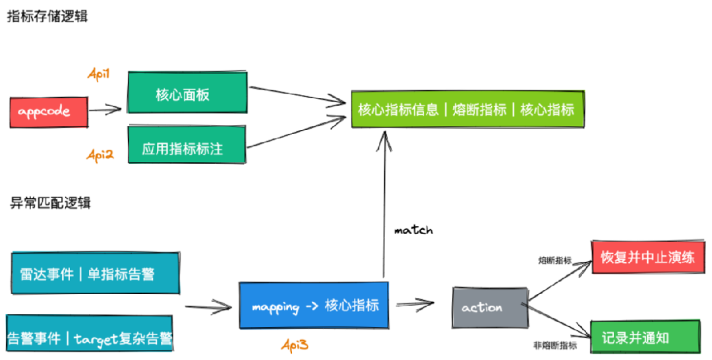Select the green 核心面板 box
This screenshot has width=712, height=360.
187,94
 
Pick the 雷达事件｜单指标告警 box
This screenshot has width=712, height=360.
95,273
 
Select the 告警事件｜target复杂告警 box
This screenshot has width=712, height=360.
89,338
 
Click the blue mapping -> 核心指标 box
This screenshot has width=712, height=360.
314,306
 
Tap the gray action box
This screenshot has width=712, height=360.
490,307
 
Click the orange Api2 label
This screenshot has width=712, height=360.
100,155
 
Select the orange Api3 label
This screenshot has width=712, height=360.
295,344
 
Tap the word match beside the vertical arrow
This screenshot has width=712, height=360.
413,230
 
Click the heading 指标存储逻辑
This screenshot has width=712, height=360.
47,16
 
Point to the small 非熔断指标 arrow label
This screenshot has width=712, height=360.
555,345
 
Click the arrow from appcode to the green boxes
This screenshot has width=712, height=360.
105,110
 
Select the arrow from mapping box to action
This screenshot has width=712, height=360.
414,304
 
